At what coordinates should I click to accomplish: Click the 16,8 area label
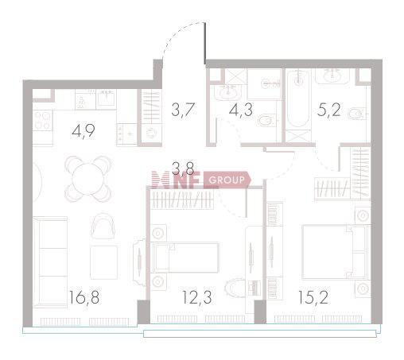coord(84,297)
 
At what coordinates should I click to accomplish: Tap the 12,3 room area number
coord(197,297)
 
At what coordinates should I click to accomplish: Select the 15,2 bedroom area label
coord(313,297)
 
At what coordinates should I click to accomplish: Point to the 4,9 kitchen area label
coord(84,131)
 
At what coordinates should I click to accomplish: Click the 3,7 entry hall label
coord(184,110)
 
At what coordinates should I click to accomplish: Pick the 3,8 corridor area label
coord(183,168)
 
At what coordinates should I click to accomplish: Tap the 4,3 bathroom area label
coord(241,110)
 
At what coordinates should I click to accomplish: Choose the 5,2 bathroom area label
coord(328,110)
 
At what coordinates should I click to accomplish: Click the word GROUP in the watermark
coord(227,180)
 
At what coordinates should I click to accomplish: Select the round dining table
coord(88,179)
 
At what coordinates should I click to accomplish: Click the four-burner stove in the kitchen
coord(43,121)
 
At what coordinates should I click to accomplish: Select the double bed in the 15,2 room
coord(335,252)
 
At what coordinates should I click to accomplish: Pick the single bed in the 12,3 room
coord(185,257)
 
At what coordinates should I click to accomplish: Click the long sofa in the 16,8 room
coord(50,262)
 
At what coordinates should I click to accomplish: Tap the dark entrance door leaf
coord(205,44)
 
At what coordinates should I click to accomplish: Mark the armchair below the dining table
coord(103,226)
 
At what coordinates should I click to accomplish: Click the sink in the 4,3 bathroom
coord(227,91)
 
